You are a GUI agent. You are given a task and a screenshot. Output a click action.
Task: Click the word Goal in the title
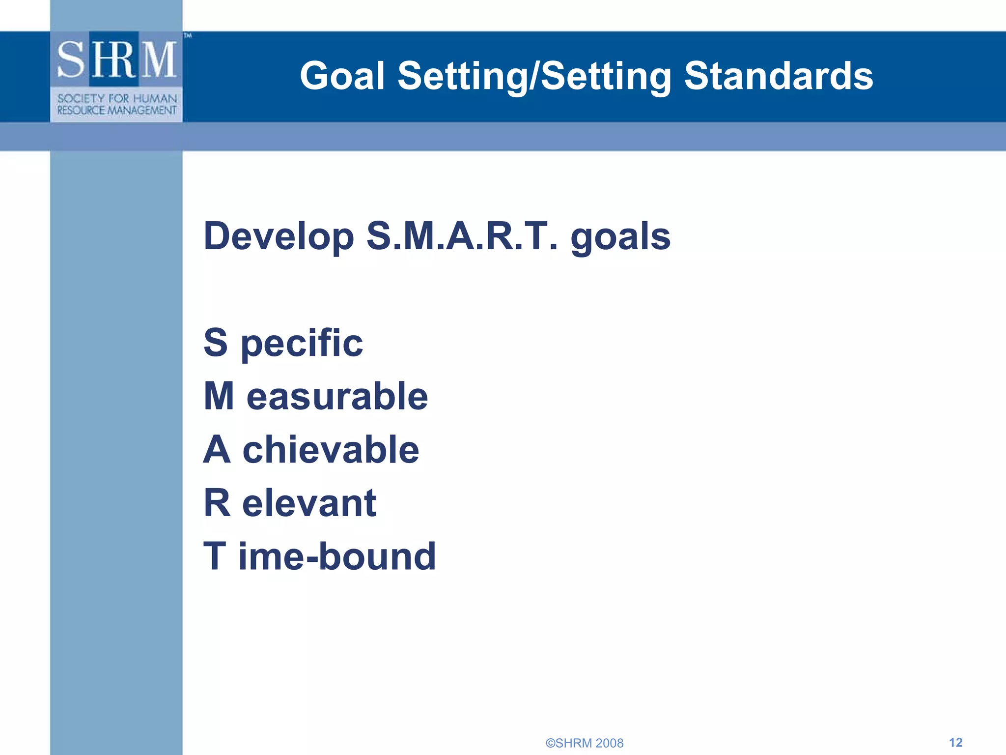pyautogui.click(x=342, y=76)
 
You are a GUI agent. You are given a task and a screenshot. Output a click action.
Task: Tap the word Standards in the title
pyautogui.click(x=778, y=76)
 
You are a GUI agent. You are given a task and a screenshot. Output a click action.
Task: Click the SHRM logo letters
pyautogui.click(x=116, y=59)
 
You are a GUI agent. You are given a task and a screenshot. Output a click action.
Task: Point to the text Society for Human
pyautogui.click(x=117, y=98)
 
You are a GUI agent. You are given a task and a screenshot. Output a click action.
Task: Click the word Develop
pyautogui.click(x=279, y=236)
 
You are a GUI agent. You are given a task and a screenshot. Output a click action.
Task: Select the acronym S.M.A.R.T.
pyautogui.click(x=462, y=236)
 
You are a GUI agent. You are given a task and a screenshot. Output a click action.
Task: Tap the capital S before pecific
pyautogui.click(x=216, y=343)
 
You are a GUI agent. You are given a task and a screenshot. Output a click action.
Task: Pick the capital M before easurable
pyautogui.click(x=219, y=396)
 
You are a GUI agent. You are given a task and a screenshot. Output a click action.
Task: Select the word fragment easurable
pyautogui.click(x=337, y=396)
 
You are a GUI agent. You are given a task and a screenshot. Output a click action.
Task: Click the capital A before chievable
pyautogui.click(x=217, y=449)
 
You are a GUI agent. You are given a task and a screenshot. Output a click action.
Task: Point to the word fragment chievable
pyautogui.click(x=331, y=449)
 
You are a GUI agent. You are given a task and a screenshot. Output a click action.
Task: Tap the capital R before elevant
pyautogui.click(x=217, y=503)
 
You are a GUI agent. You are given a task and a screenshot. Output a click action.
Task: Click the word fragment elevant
pyautogui.click(x=309, y=503)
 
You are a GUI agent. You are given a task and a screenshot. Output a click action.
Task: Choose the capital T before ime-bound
pyautogui.click(x=215, y=556)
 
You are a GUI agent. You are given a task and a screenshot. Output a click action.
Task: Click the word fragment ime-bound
pyautogui.click(x=337, y=556)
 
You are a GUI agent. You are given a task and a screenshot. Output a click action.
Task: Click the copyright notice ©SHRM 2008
pyautogui.click(x=584, y=743)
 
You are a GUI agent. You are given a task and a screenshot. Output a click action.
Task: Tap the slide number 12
pyautogui.click(x=955, y=742)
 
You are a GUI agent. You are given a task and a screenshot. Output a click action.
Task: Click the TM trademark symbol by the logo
pyautogui.click(x=188, y=35)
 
